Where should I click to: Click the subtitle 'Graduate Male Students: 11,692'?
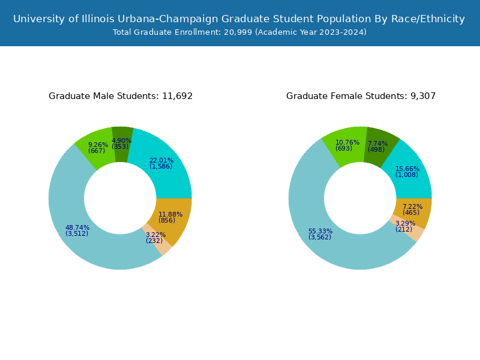click(x=121, y=96)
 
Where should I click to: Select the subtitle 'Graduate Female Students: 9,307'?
click(x=361, y=96)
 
